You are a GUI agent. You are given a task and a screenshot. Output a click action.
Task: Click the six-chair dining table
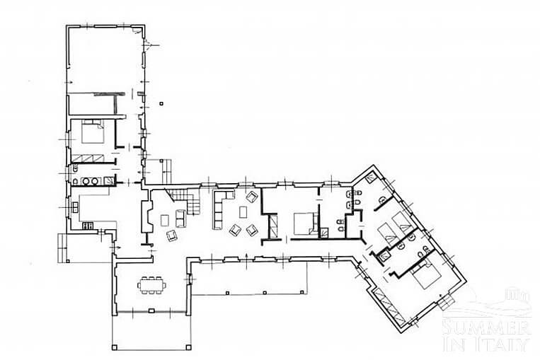click(x=151, y=285)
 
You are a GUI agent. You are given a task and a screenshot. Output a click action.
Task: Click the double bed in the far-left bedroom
click(x=93, y=132)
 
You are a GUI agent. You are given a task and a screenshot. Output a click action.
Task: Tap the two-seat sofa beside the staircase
click(x=180, y=219)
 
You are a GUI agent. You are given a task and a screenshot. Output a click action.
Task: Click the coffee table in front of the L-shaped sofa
click(x=243, y=211)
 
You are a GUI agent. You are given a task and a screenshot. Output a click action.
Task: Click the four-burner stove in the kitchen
click(x=88, y=226)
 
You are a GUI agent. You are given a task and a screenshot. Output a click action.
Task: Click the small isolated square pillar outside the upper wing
click(x=161, y=103)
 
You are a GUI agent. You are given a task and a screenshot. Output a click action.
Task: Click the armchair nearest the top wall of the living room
click(x=252, y=197)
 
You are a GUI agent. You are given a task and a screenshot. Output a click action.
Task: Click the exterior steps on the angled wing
click(x=447, y=302)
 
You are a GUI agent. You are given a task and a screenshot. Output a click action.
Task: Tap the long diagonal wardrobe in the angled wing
click(x=388, y=306)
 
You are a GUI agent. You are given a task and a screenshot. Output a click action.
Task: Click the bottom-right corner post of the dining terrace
click(x=188, y=347)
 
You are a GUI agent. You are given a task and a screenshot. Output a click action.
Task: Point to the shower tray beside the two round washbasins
click(x=108, y=180)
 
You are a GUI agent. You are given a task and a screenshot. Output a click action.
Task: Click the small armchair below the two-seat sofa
click(x=171, y=236)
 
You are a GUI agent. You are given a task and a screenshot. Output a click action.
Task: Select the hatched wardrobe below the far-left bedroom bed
click(x=88, y=158)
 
